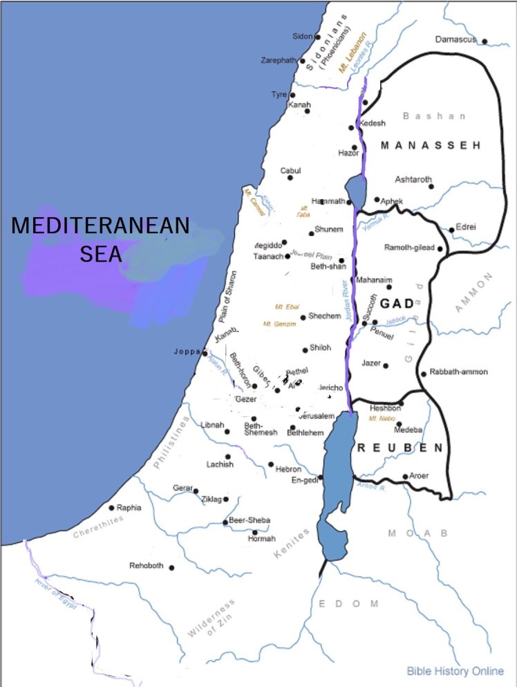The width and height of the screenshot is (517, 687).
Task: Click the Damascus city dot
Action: tap(485, 42)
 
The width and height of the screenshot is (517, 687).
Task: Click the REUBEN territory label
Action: tap(400, 448)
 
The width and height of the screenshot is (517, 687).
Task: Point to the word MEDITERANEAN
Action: tap(100, 226)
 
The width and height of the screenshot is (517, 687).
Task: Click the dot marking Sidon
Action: tap(318, 37)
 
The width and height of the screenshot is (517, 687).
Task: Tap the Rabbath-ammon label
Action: tap(458, 372)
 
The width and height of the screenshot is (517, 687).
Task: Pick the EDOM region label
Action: tap(348, 604)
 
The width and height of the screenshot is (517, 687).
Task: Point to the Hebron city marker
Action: tap(271, 464)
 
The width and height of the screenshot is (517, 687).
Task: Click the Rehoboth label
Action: tap(147, 566)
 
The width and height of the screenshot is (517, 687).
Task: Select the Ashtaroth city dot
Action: tap(431, 186)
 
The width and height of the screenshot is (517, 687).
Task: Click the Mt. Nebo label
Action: tap(382, 419)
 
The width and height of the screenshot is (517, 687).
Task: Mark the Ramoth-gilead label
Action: tap(408, 248)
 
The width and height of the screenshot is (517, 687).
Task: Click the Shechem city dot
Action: tap(303, 318)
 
